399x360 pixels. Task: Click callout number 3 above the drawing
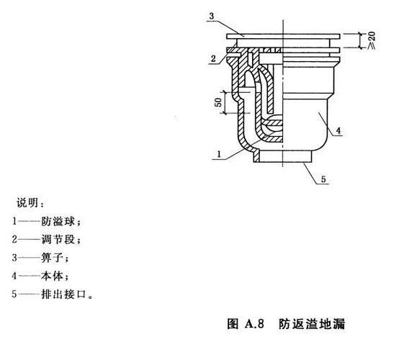pos(212,17)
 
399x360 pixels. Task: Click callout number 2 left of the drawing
pos(213,59)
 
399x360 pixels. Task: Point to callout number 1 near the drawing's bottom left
pos(219,154)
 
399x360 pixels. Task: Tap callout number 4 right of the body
pos(339,131)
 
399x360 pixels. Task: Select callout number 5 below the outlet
pos(323,179)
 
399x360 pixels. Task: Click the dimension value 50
pos(218,102)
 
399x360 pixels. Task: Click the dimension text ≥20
pos(371,40)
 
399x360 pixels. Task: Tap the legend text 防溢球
pos(58,221)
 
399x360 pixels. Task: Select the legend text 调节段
pos(58,240)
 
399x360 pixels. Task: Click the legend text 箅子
pos(52,258)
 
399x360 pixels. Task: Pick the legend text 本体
pos(52,276)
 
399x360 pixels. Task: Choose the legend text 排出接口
pos(63,294)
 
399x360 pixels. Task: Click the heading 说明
pos(27,203)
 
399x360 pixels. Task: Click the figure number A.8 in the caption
pos(254,324)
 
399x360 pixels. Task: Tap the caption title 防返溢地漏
pos(312,324)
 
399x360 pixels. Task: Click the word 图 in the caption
pos(233,324)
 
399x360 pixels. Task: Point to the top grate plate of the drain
pos(283,37)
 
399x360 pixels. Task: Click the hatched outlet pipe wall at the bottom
pos(256,156)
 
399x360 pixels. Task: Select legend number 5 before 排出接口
pos(14,294)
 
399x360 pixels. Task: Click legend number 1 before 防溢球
pos(14,221)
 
